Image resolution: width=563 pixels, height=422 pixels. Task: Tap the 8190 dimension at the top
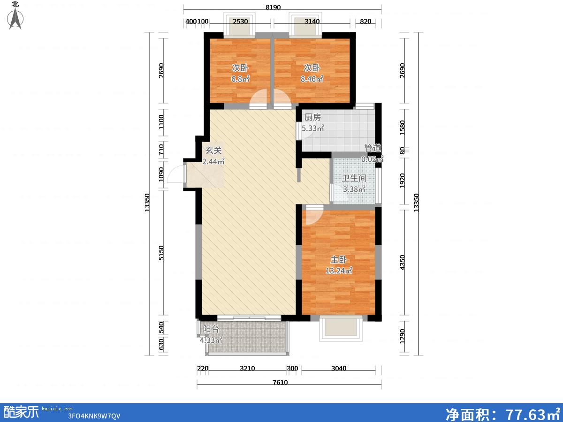(x=273, y=7)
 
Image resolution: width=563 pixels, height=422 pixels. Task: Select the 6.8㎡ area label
(x=240, y=79)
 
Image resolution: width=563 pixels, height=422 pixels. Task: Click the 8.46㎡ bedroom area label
(x=312, y=79)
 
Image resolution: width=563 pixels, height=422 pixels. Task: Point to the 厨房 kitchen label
(x=312, y=117)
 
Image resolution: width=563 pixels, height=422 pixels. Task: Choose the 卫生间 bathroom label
(x=354, y=178)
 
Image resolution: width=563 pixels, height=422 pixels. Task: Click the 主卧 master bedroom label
(x=339, y=260)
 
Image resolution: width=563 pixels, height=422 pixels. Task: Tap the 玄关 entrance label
(x=213, y=150)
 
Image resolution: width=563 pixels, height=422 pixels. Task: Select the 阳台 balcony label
(x=211, y=329)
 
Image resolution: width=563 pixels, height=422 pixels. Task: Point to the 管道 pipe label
(x=373, y=148)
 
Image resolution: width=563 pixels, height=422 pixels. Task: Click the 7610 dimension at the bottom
(x=280, y=382)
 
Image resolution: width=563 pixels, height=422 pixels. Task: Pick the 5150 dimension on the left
(x=161, y=253)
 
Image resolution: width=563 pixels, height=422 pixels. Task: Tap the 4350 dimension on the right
(x=402, y=262)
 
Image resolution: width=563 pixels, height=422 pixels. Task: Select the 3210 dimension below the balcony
(x=247, y=368)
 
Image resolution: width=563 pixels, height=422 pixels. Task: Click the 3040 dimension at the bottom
(x=339, y=368)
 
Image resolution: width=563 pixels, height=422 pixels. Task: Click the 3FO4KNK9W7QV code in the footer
(x=94, y=416)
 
